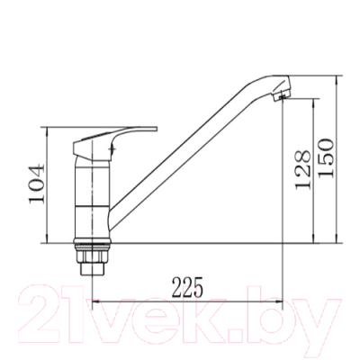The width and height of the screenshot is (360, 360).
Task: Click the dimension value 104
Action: (37, 184)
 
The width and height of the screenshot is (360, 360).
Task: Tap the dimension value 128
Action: (302, 169)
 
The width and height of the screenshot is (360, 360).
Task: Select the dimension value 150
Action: (326, 157)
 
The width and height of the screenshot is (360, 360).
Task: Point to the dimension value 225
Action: (187, 287)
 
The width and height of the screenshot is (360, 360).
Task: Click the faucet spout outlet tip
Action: (281, 96)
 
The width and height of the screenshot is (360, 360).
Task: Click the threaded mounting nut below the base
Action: (92, 255)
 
